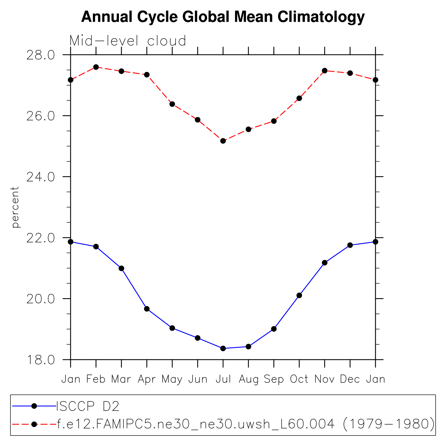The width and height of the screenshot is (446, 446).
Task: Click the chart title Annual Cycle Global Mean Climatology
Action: tap(223, 17)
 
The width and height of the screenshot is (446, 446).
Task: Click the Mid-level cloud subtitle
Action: tap(128, 41)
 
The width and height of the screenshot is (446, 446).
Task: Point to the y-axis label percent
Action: tap(15, 207)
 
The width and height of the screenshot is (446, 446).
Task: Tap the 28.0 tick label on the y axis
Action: tap(40, 55)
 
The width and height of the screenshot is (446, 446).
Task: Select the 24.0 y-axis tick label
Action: tap(40, 177)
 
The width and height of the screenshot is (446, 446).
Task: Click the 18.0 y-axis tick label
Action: tap(40, 360)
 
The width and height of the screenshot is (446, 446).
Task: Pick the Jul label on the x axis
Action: tap(223, 379)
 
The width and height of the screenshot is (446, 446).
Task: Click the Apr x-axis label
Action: tap(147, 379)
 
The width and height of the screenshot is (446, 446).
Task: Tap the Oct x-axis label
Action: tap(299, 379)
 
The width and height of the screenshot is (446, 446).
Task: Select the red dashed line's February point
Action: tap(96, 67)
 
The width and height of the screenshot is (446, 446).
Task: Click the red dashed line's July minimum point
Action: tap(223, 141)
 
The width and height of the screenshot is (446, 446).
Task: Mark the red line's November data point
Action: tap(325, 71)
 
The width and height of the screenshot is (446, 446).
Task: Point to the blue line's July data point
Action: tap(223, 348)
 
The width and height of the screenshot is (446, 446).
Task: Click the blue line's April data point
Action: tap(147, 309)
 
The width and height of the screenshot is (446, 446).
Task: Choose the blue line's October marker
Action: tap(299, 295)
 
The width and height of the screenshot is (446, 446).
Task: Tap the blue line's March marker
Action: tap(121, 268)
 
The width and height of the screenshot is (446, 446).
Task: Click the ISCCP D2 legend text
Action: tap(88, 406)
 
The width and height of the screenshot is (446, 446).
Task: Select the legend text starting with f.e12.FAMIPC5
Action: tap(245, 424)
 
